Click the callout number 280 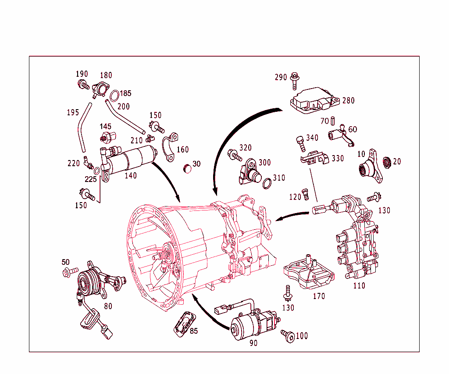pos(349,101)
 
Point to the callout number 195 pos(73,113)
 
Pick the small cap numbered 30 pos(187,168)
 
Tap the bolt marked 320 pos(233,154)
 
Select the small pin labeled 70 pos(333,120)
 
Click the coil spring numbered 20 pos(387,162)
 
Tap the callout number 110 pos(360,286)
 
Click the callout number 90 pos(253,343)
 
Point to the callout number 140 pos(131,176)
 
